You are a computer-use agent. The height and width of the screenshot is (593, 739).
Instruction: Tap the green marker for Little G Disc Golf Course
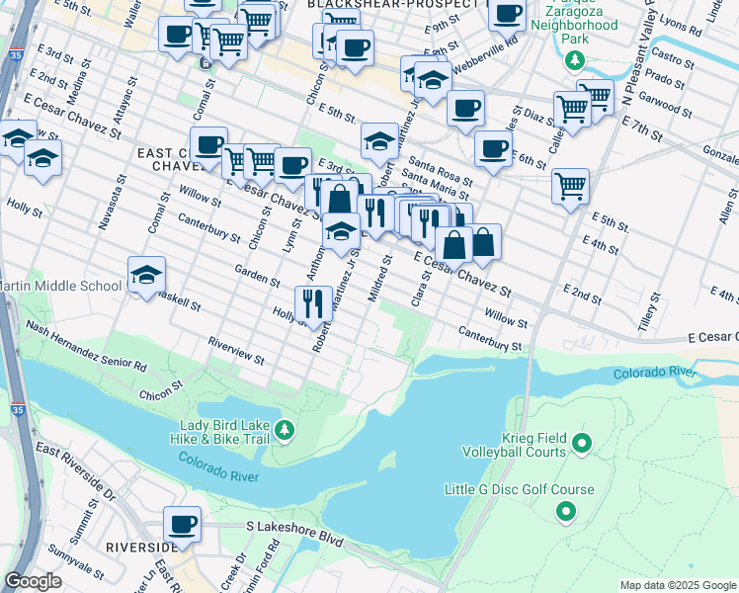pyautogui.click(x=566, y=511)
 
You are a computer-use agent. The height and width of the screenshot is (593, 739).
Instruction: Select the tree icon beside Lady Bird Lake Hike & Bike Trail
pyautogui.click(x=285, y=429)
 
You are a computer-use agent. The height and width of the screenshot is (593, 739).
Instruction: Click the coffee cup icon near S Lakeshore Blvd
pyautogui.click(x=182, y=524)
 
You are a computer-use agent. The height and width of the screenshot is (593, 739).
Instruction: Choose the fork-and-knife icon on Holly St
pyautogui.click(x=313, y=303)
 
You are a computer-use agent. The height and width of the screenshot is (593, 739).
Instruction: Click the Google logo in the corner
pyautogui.click(x=34, y=581)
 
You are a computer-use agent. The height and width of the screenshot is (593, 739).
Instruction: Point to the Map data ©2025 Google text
pyautogui.click(x=677, y=585)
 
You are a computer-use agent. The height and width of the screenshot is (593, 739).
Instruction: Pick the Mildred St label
pyautogui.click(x=380, y=279)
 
